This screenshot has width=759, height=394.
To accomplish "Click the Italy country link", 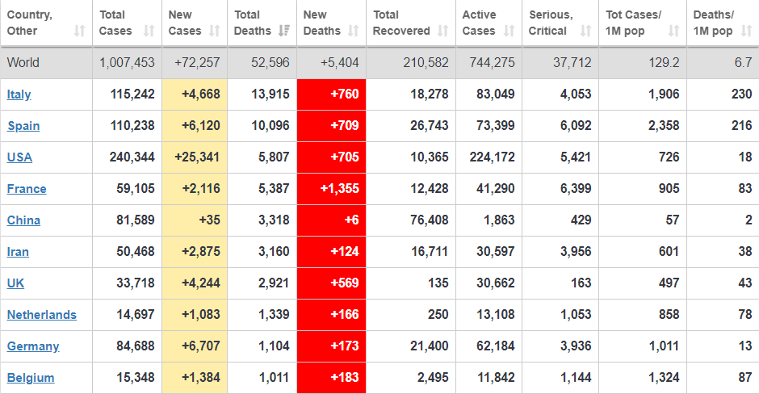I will click(19, 94).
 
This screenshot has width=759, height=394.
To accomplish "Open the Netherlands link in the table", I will click(42, 315).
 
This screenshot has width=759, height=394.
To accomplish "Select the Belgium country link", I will click(31, 378).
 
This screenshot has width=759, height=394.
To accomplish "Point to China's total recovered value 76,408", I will click(430, 220).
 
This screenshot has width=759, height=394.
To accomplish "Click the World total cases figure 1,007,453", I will click(127, 63).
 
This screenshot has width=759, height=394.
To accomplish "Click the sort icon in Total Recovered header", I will click(442, 31).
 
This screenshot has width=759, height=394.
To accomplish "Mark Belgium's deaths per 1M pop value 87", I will click(744, 378).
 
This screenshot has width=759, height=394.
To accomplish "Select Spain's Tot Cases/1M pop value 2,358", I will click(662, 126).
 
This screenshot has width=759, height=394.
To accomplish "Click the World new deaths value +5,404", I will click(340, 63).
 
